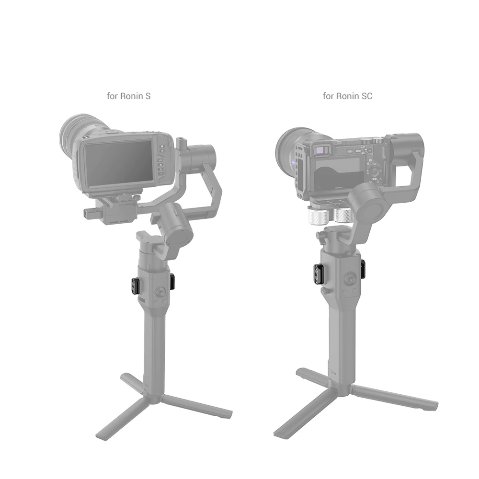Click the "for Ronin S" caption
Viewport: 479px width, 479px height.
[x=128, y=96]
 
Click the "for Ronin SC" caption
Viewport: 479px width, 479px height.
[x=348, y=96]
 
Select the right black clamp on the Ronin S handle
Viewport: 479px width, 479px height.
[x=172, y=280]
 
